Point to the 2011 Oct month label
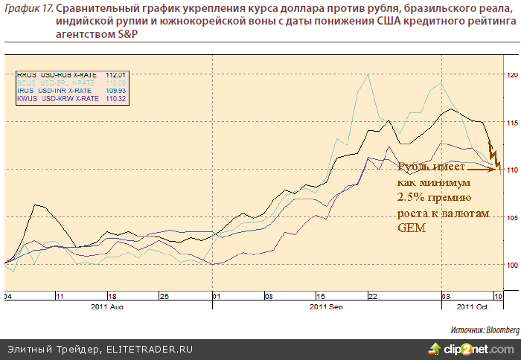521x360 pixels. [x=470, y=306]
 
